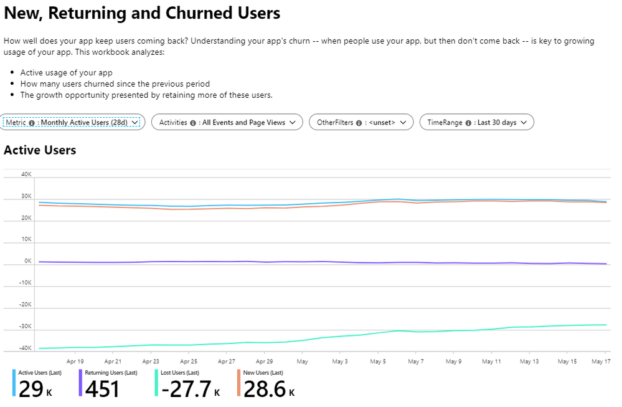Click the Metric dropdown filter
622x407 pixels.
73,123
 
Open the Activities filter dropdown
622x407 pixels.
227,123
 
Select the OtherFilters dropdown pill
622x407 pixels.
361,123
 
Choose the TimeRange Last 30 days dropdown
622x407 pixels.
476,123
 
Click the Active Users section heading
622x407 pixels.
40,150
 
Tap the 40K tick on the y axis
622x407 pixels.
26,175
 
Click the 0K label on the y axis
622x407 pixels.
27,261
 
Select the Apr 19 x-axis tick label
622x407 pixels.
75,361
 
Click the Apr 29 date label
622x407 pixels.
264,361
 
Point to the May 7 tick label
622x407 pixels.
415,361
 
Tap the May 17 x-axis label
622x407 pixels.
600,361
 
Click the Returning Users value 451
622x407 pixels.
102,389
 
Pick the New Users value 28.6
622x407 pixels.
265,389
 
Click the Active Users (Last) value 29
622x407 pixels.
31,389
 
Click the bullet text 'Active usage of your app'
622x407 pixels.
66,72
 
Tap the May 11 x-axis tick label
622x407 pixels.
491,361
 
